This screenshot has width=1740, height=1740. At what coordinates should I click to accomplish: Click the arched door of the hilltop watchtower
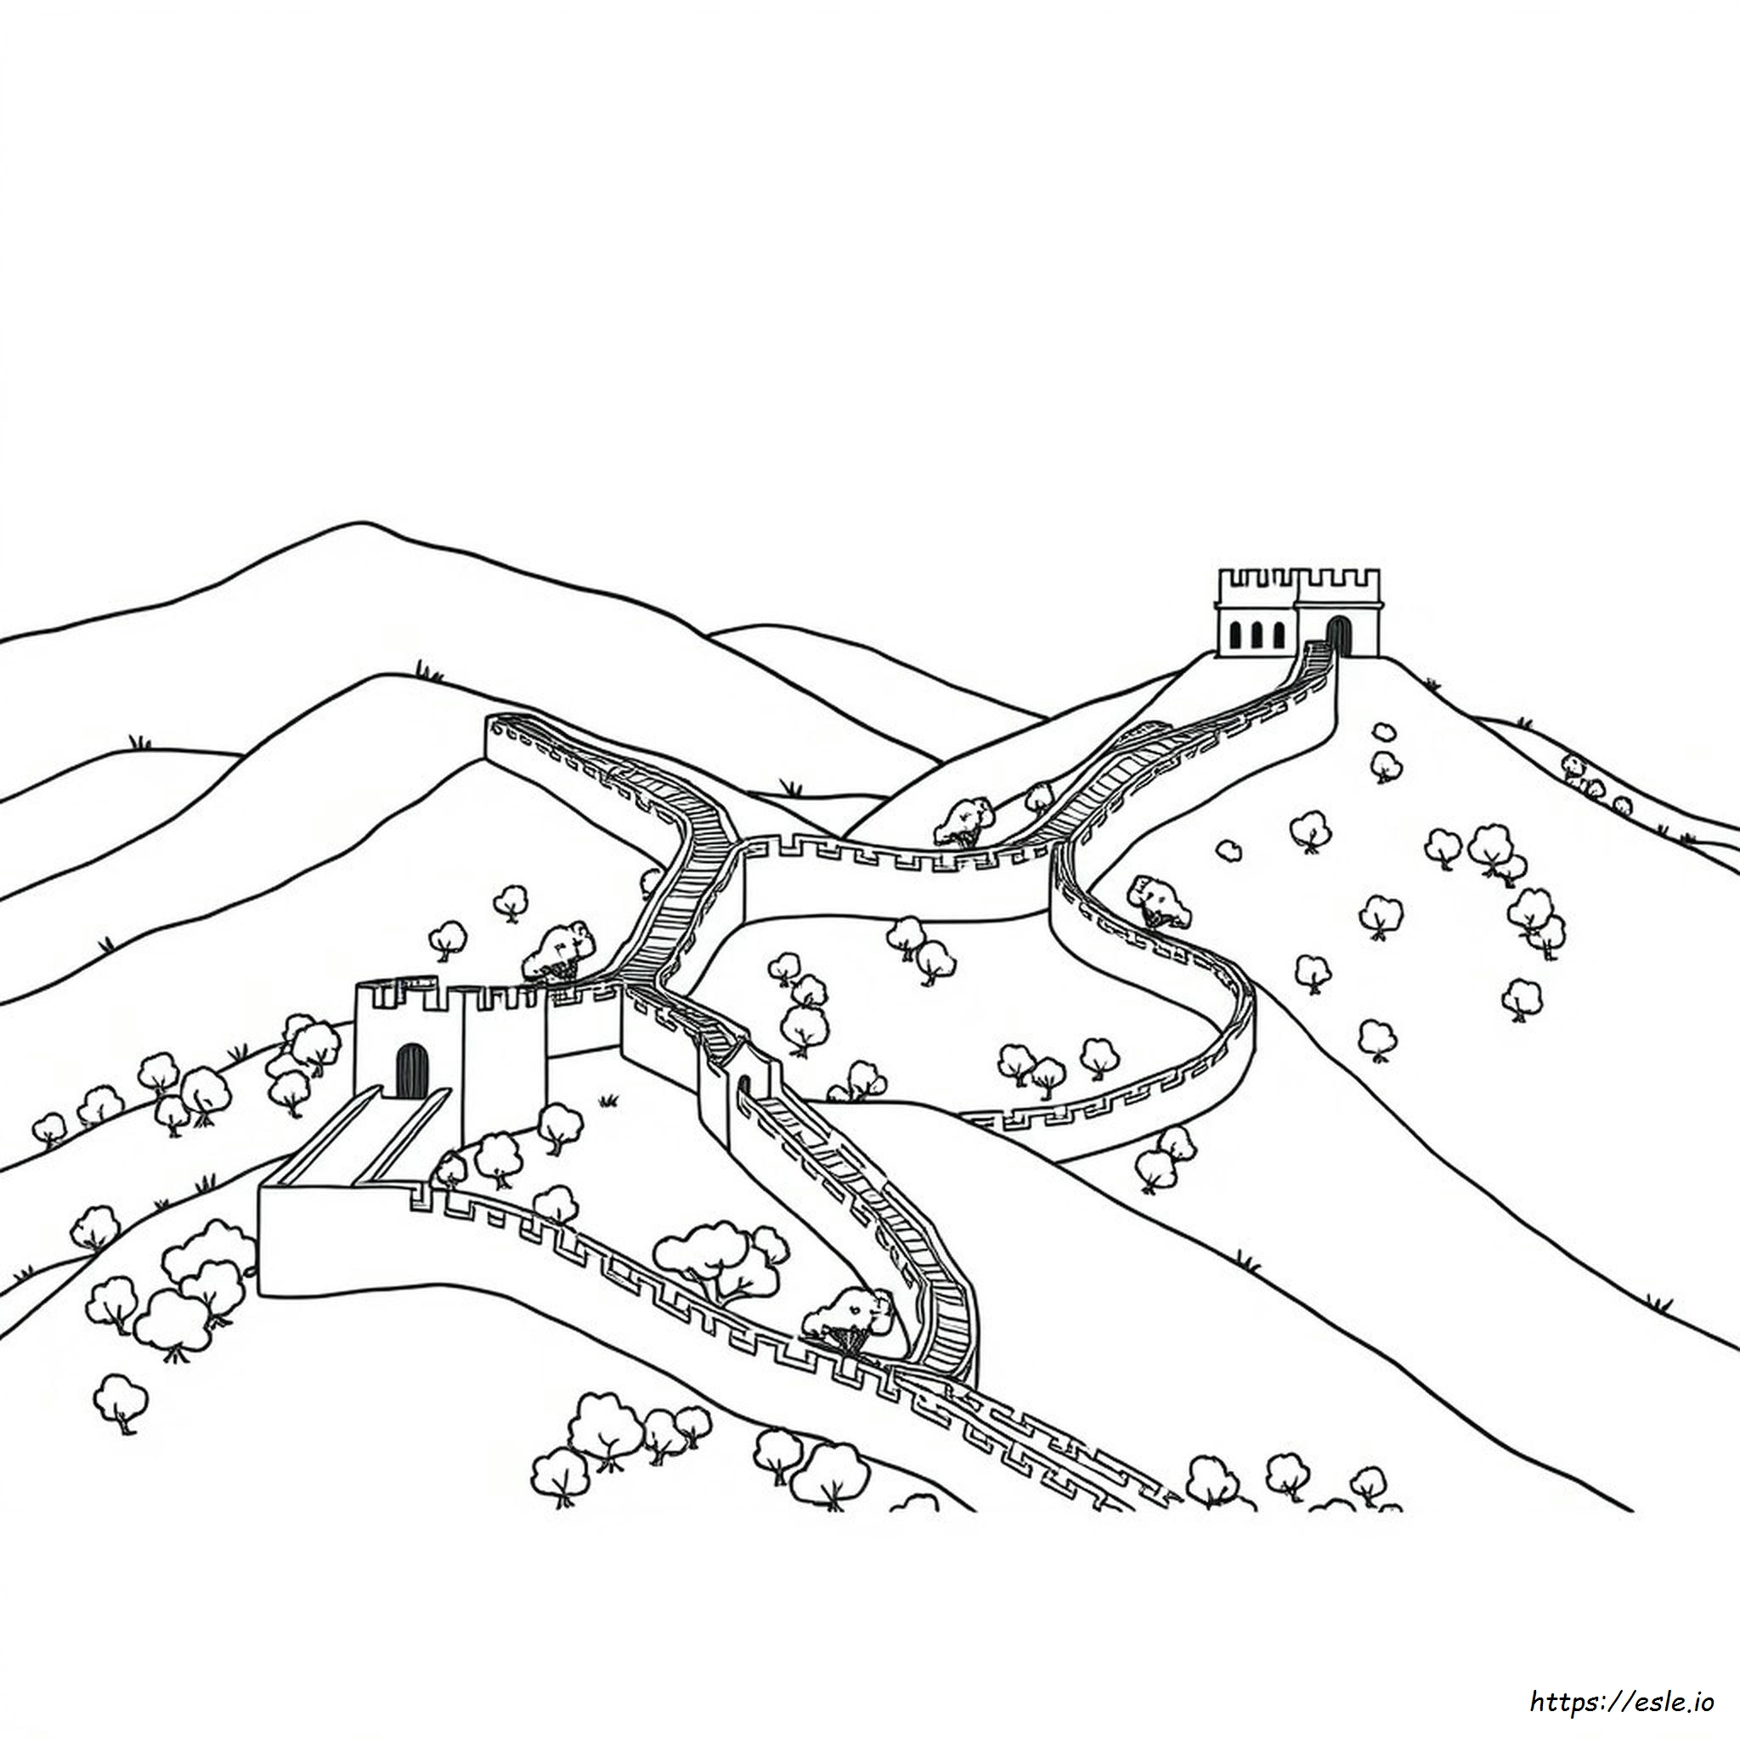point(1338,636)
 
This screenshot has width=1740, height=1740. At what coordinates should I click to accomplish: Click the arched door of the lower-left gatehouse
point(411,1071)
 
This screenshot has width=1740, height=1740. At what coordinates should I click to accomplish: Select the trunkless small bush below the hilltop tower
point(1228,850)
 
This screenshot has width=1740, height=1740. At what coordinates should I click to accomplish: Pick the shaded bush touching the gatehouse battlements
point(559,948)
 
